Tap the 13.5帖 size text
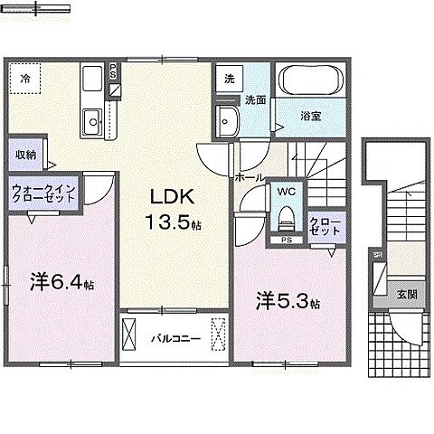tap(168, 222)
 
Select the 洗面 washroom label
tap(256, 101)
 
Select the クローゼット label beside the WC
tap(325, 225)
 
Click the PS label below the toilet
tap(285, 241)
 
